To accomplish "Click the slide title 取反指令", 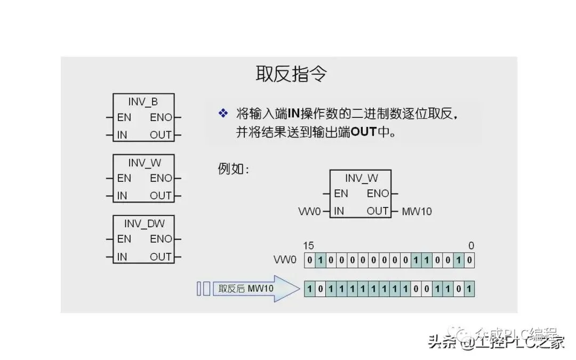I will click(291, 75).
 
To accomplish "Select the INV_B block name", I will click(143, 101).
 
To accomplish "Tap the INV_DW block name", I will click(143, 223).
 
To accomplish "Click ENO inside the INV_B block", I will click(161, 117).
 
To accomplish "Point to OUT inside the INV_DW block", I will click(161, 257).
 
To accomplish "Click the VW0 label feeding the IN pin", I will click(310, 212).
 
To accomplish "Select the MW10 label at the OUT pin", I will click(417, 212).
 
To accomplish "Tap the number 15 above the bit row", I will click(308, 246).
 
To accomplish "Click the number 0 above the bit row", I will click(471, 246).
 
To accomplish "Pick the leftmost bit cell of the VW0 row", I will click(309, 260).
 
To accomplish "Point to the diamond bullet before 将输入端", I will click(223, 113).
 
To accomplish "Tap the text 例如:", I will click(234, 169).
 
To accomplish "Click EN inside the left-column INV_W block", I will click(124, 178).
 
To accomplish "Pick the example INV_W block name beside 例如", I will click(361, 178).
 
